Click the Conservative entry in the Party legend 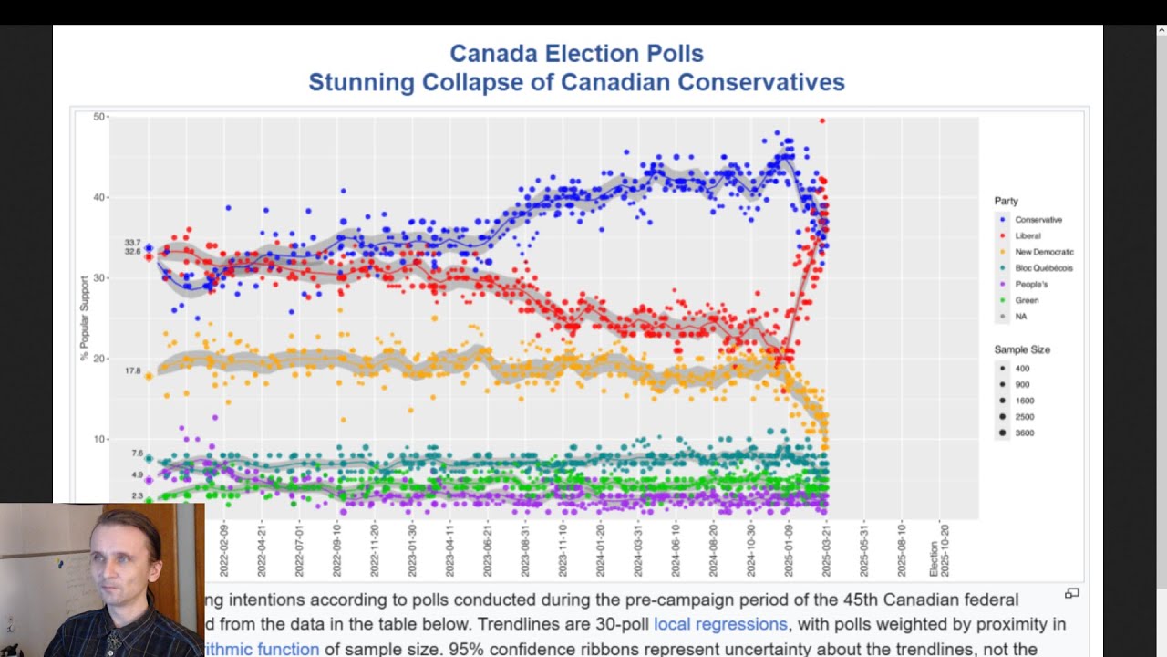click(1038, 220)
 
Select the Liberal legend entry click(1028, 236)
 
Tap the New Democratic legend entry click(1044, 252)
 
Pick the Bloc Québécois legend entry click(1043, 268)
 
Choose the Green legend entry click(1027, 300)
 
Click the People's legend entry click(1031, 285)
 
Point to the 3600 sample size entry click(1023, 433)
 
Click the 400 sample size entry click(1022, 369)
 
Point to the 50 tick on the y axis click(98, 117)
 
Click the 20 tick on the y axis click(98, 359)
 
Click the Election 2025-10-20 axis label click(939, 550)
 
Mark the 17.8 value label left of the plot click(133, 371)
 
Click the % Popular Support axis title click(85, 318)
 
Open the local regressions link click(720, 624)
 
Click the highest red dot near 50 click(822, 120)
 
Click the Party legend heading click(1007, 201)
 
